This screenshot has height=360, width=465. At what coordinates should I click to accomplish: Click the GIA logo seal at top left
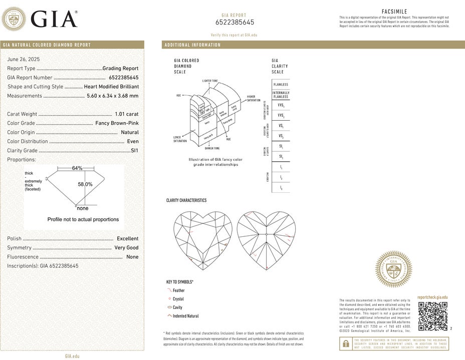[15, 20]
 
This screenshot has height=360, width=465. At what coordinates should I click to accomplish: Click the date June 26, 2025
[24, 59]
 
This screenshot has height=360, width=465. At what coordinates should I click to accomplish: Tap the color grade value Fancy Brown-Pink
[117, 123]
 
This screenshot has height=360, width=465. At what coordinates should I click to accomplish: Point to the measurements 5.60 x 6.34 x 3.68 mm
[113, 96]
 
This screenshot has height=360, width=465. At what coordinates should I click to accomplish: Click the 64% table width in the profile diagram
[77, 168]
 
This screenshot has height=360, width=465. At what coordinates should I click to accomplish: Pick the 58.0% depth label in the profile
[85, 184]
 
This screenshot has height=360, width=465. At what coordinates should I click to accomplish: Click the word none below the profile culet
[83, 208]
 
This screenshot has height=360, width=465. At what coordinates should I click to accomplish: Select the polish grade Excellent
[127, 239]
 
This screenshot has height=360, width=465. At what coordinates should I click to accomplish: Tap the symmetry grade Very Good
[126, 248]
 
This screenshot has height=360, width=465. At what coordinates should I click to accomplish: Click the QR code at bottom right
[432, 316]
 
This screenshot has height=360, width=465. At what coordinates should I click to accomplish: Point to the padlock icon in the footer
[346, 343]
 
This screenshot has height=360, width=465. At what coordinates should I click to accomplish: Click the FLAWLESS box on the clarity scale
[281, 85]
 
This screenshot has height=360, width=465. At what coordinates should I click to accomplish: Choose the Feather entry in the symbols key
[178, 290]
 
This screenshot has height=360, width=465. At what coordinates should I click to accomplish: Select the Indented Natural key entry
[185, 316]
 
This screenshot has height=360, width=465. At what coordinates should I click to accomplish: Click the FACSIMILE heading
[394, 11]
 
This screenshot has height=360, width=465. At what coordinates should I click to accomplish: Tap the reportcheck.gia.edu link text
[432, 297]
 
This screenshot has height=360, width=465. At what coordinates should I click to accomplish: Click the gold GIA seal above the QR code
[394, 269]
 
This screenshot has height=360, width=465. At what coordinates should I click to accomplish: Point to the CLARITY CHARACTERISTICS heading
[186, 200]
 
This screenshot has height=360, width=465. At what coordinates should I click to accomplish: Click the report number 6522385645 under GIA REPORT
[235, 23]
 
